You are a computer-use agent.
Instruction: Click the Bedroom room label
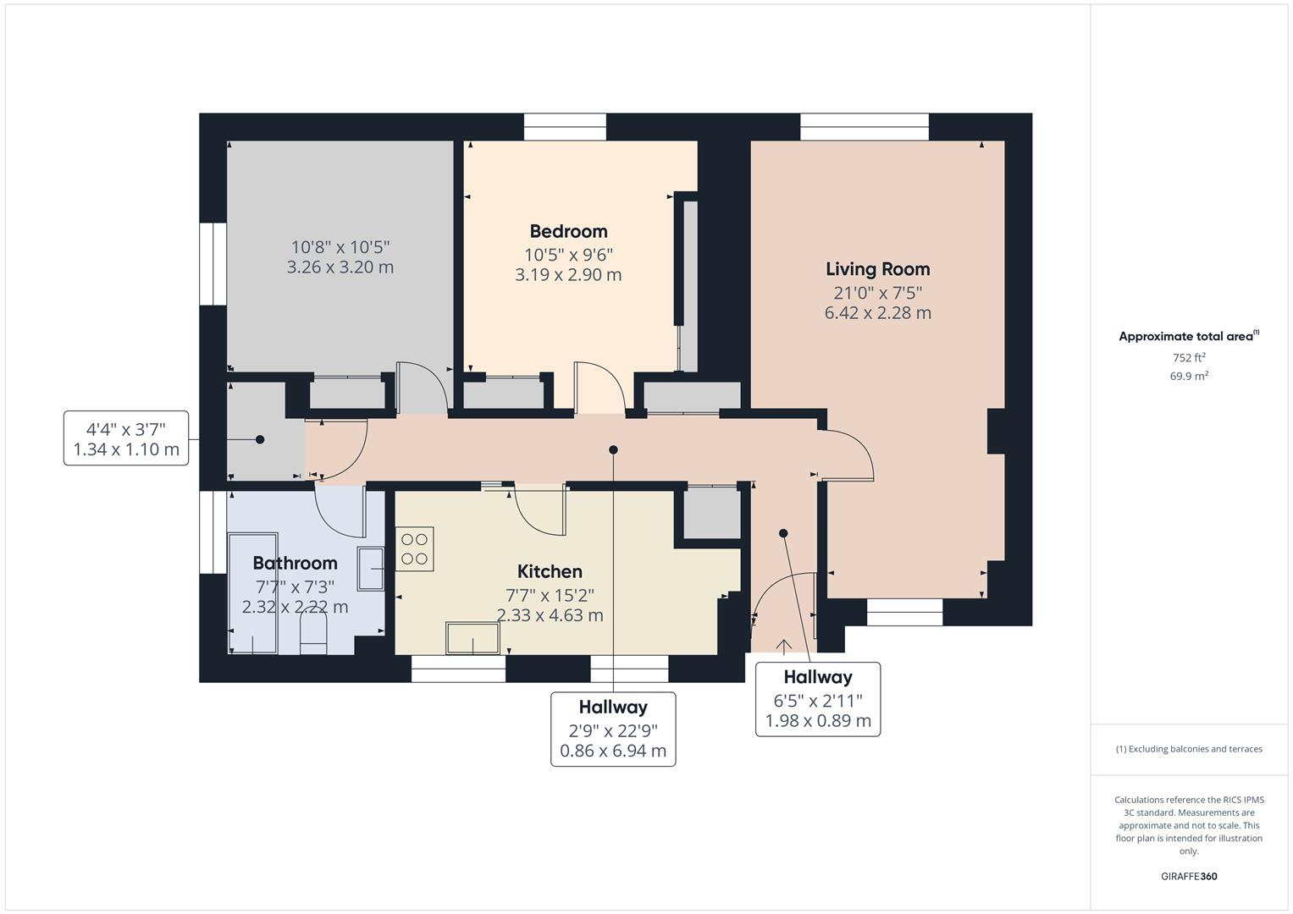point(568,231)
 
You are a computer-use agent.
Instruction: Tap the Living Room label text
point(877,269)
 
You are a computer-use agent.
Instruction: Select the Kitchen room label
point(550,571)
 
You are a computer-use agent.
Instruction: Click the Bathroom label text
point(295,563)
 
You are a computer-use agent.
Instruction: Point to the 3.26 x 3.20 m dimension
point(340,267)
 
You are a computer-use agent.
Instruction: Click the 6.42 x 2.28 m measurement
point(877,313)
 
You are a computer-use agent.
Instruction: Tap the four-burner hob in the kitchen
point(414,548)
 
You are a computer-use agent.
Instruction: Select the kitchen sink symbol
point(472,638)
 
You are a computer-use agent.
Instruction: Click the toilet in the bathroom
point(313,636)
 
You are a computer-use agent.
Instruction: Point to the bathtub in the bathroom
point(252,592)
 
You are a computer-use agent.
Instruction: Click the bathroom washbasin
point(371,569)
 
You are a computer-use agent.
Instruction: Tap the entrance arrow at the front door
point(784,647)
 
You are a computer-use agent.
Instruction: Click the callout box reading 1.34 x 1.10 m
point(126,438)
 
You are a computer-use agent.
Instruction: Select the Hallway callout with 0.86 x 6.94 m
point(613,729)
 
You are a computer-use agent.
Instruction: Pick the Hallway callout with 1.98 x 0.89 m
point(817,699)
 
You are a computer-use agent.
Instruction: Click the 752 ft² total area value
point(1189,358)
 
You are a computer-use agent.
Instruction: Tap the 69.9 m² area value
point(1189,377)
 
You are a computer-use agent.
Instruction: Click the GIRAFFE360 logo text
point(1189,876)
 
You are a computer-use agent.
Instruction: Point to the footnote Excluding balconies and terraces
point(1189,749)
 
